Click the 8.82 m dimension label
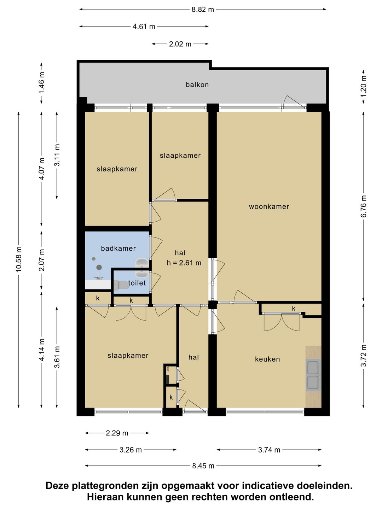pyautogui.click(x=202, y=10)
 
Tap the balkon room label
pyautogui.click(x=197, y=84)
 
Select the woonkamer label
pyautogui.click(x=269, y=206)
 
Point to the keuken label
pyautogui.click(x=267, y=359)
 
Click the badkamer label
pyautogui.click(x=118, y=248)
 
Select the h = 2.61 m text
pyautogui.click(x=184, y=263)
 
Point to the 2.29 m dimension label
pyautogui.click(x=117, y=433)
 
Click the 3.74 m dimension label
pyautogui.click(x=269, y=450)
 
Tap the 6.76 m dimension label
pyautogui.click(x=364, y=206)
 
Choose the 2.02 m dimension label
pyautogui.click(x=180, y=44)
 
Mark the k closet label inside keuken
pyautogui.click(x=294, y=309)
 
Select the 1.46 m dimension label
pyautogui.click(x=42, y=83)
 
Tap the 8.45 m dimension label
pyautogui.click(x=203, y=466)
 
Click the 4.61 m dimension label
pyautogui.click(x=144, y=27)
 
